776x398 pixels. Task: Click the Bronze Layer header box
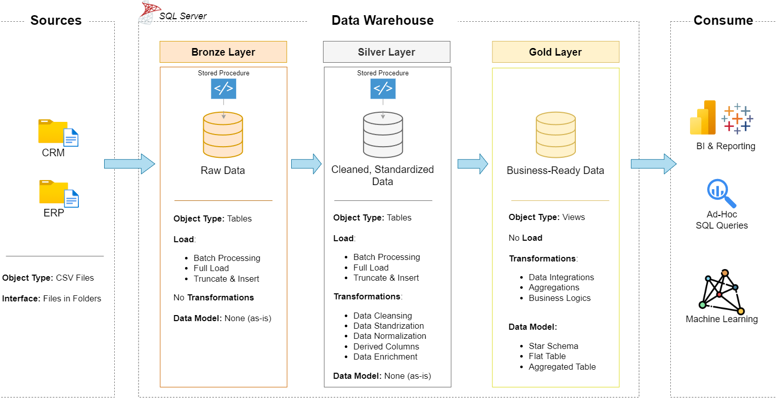pyautogui.click(x=223, y=52)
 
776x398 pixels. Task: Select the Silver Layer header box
pyautogui.click(x=386, y=52)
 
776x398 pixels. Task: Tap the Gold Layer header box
pyautogui.click(x=555, y=52)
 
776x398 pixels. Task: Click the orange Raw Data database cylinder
pyautogui.click(x=223, y=135)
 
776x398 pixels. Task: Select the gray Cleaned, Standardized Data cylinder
pyautogui.click(x=383, y=135)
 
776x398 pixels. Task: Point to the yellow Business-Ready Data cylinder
pyautogui.click(x=556, y=135)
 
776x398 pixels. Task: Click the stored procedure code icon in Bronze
pyautogui.click(x=223, y=89)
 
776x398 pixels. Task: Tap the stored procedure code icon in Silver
pyautogui.click(x=383, y=89)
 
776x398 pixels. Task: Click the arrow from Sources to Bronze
pyautogui.click(x=129, y=164)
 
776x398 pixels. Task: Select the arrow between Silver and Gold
pyautogui.click(x=472, y=164)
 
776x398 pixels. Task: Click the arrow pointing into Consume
pyautogui.click(x=653, y=164)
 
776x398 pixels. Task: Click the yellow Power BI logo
pyautogui.click(x=703, y=118)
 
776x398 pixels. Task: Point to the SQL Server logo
pyautogui.click(x=150, y=13)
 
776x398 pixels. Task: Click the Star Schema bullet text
pyautogui.click(x=553, y=346)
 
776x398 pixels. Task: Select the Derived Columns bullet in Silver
pyautogui.click(x=386, y=346)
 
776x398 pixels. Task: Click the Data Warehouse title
pyautogui.click(x=382, y=20)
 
